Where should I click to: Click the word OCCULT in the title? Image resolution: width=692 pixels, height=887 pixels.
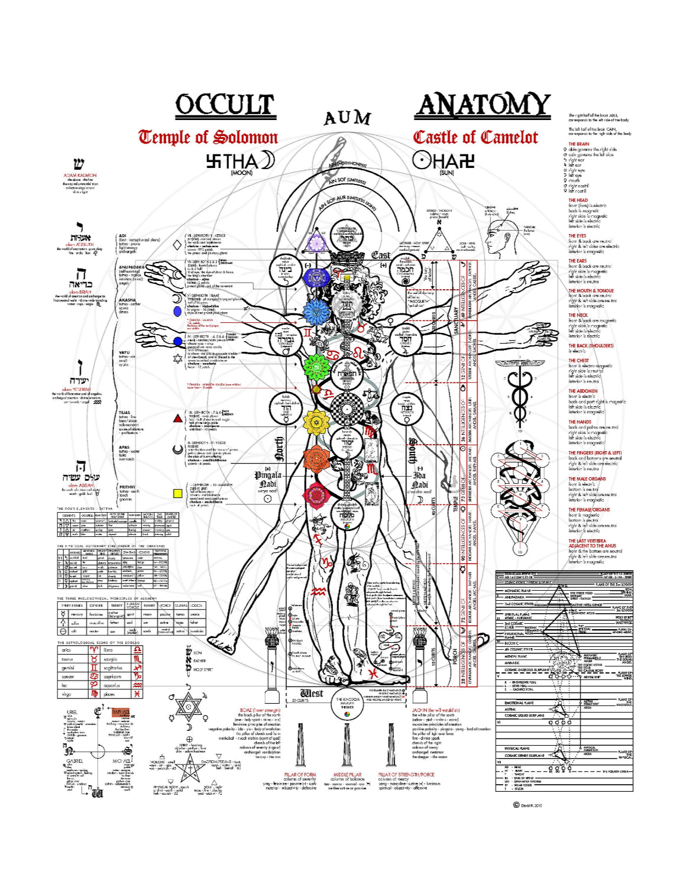225,105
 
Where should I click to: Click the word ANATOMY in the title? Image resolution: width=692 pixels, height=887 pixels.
483,105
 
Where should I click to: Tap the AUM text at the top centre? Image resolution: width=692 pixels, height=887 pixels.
347,119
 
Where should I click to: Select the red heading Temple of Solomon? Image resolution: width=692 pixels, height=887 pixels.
208,137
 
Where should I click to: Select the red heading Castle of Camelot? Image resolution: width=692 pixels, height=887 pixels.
476,137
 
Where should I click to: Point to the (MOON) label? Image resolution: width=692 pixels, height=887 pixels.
241,173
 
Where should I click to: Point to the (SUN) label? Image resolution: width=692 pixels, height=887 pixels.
447,173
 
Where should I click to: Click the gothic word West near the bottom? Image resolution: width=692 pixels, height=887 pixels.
311,693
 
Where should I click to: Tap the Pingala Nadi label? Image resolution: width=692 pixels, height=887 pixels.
268,479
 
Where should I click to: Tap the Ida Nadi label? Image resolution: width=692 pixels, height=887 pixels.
419,479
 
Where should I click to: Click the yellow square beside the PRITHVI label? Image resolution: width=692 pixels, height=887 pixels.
177,493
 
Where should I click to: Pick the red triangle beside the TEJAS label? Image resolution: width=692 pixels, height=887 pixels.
177,418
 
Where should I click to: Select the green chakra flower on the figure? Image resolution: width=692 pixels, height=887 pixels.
316,367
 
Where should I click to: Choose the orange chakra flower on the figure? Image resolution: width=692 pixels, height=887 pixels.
316,457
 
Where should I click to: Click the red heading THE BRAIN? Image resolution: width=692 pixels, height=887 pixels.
578,144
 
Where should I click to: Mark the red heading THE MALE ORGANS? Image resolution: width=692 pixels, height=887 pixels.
587,478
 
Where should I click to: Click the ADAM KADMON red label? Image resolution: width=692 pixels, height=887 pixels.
80,176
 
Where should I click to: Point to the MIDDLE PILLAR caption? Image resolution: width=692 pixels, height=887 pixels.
347,774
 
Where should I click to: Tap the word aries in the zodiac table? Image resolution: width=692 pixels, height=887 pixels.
66,650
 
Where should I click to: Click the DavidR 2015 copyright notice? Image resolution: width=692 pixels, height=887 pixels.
528,805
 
